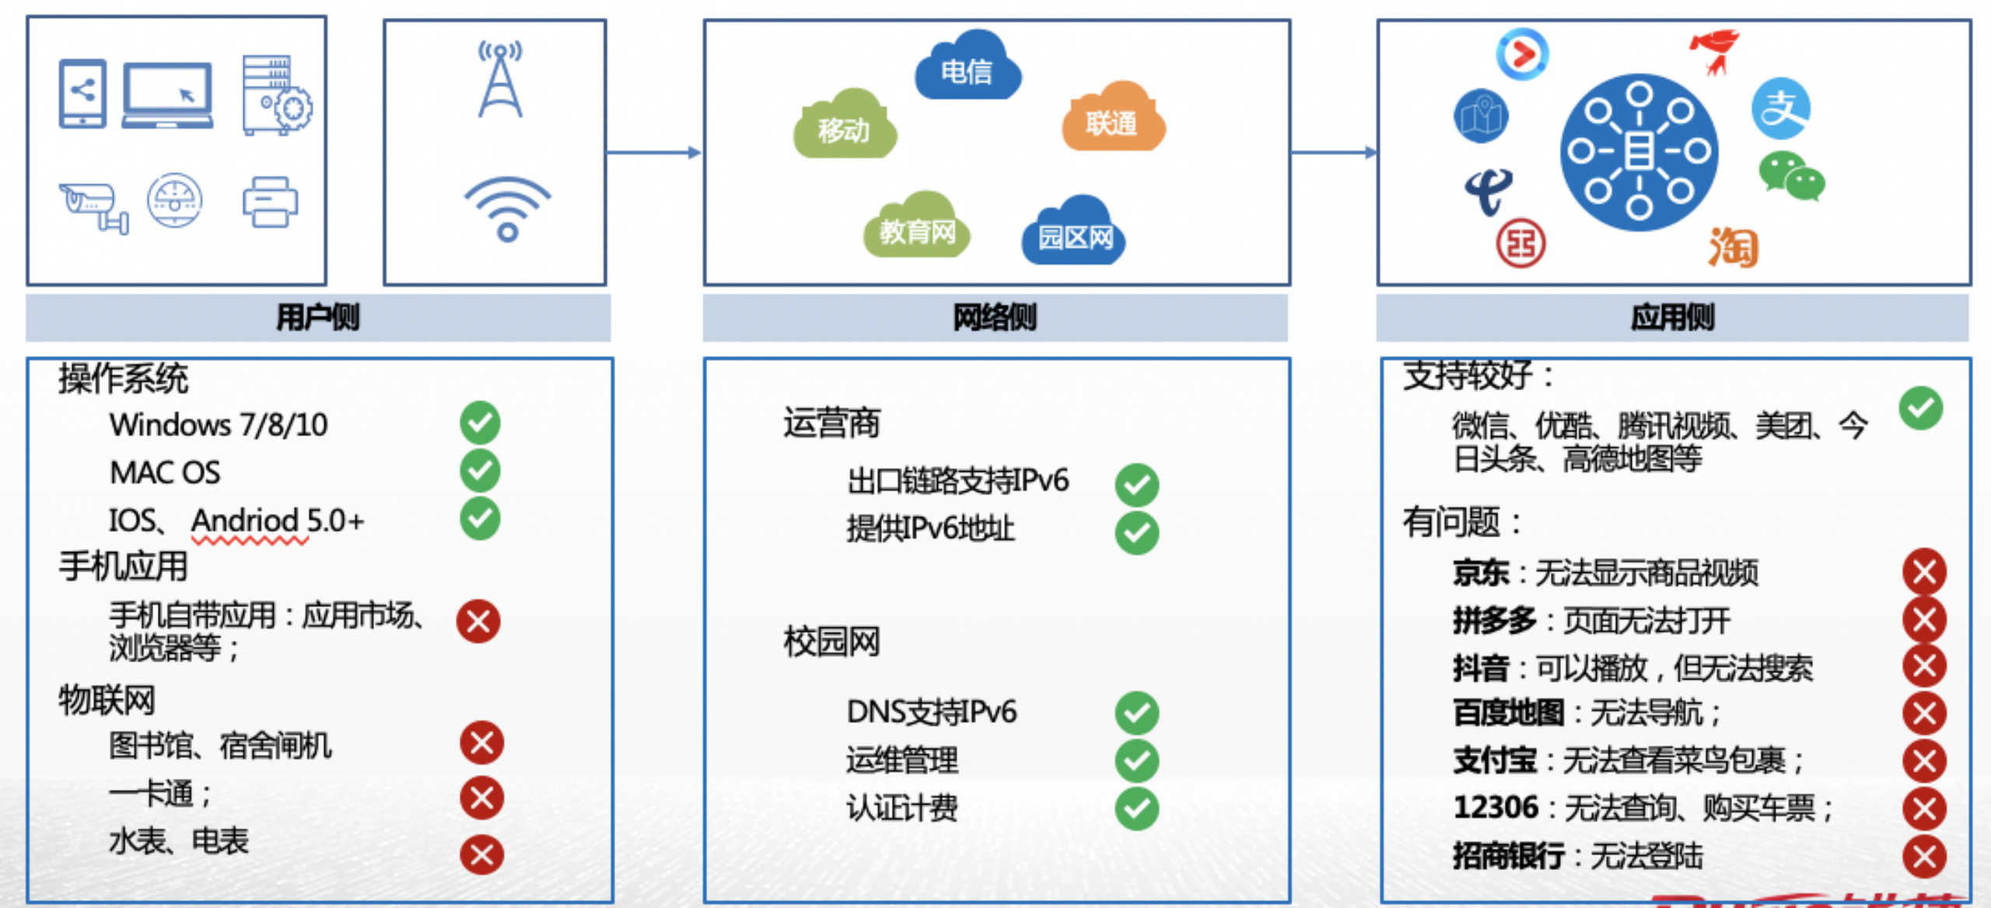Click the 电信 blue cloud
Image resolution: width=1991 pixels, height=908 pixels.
pyautogui.click(x=967, y=68)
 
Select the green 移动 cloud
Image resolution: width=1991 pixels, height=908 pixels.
pyautogui.click(x=844, y=126)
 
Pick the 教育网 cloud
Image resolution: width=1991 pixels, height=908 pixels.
pyautogui.click(x=916, y=228)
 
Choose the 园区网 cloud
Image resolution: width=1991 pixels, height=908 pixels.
pyautogui.click(x=1074, y=233)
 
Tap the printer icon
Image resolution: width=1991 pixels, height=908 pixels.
pyautogui.click(x=270, y=203)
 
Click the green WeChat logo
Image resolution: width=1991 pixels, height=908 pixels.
pyautogui.click(x=1791, y=177)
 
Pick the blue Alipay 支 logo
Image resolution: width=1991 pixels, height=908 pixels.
pyautogui.click(x=1781, y=109)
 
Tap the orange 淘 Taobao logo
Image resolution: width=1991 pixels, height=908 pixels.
pyautogui.click(x=1733, y=247)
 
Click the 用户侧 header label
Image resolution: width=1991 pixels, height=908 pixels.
pyautogui.click(x=318, y=318)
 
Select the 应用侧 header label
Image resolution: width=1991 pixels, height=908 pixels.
pyautogui.click(x=1672, y=318)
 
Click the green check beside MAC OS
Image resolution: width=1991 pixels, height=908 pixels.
pyautogui.click(x=480, y=471)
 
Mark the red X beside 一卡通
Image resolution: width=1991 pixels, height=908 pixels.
pyautogui.click(x=481, y=798)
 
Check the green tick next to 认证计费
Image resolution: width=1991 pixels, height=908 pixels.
pyautogui.click(x=1136, y=808)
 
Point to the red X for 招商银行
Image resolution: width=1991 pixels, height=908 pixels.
pyautogui.click(x=1924, y=856)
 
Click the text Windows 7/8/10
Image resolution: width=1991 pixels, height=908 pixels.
pyautogui.click(x=219, y=425)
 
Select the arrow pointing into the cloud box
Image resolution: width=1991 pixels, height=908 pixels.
pyautogui.click(x=654, y=152)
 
